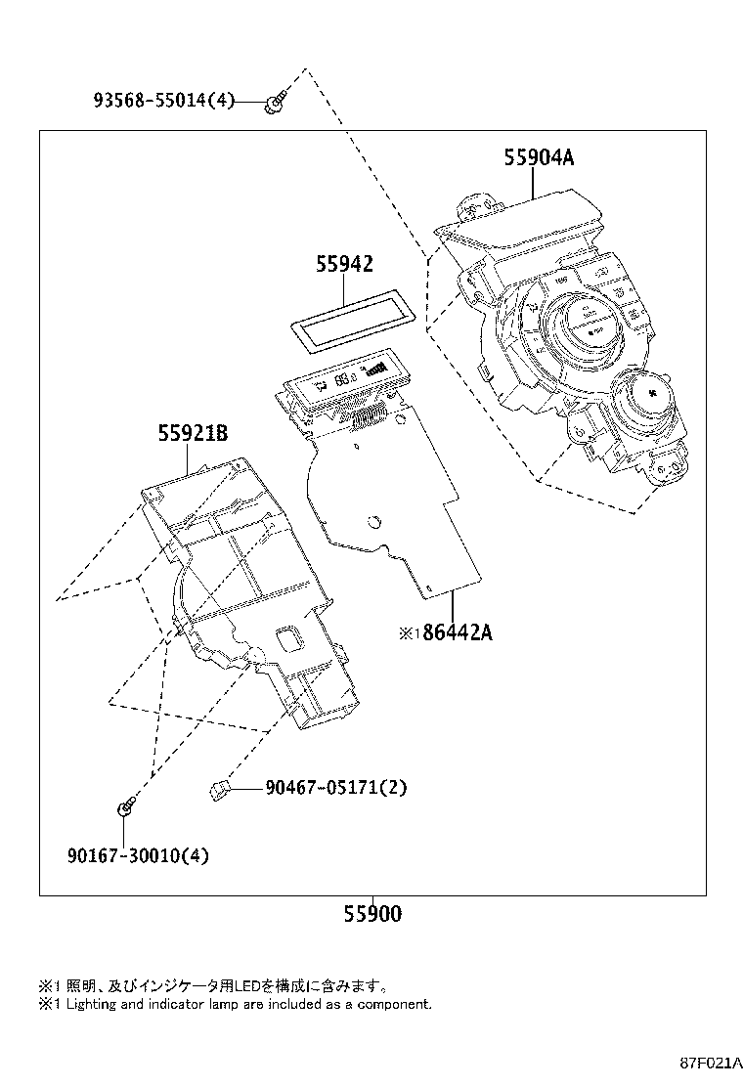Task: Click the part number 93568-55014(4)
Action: pyautogui.click(x=164, y=99)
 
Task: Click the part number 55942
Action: pyautogui.click(x=344, y=264)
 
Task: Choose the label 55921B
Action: pyautogui.click(x=193, y=433)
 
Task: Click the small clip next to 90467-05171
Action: pyautogui.click(x=222, y=788)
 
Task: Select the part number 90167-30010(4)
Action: pyautogui.click(x=138, y=855)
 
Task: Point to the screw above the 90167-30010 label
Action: pyautogui.click(x=126, y=808)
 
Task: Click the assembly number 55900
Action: pyautogui.click(x=372, y=915)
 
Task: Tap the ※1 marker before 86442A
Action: pyautogui.click(x=408, y=633)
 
